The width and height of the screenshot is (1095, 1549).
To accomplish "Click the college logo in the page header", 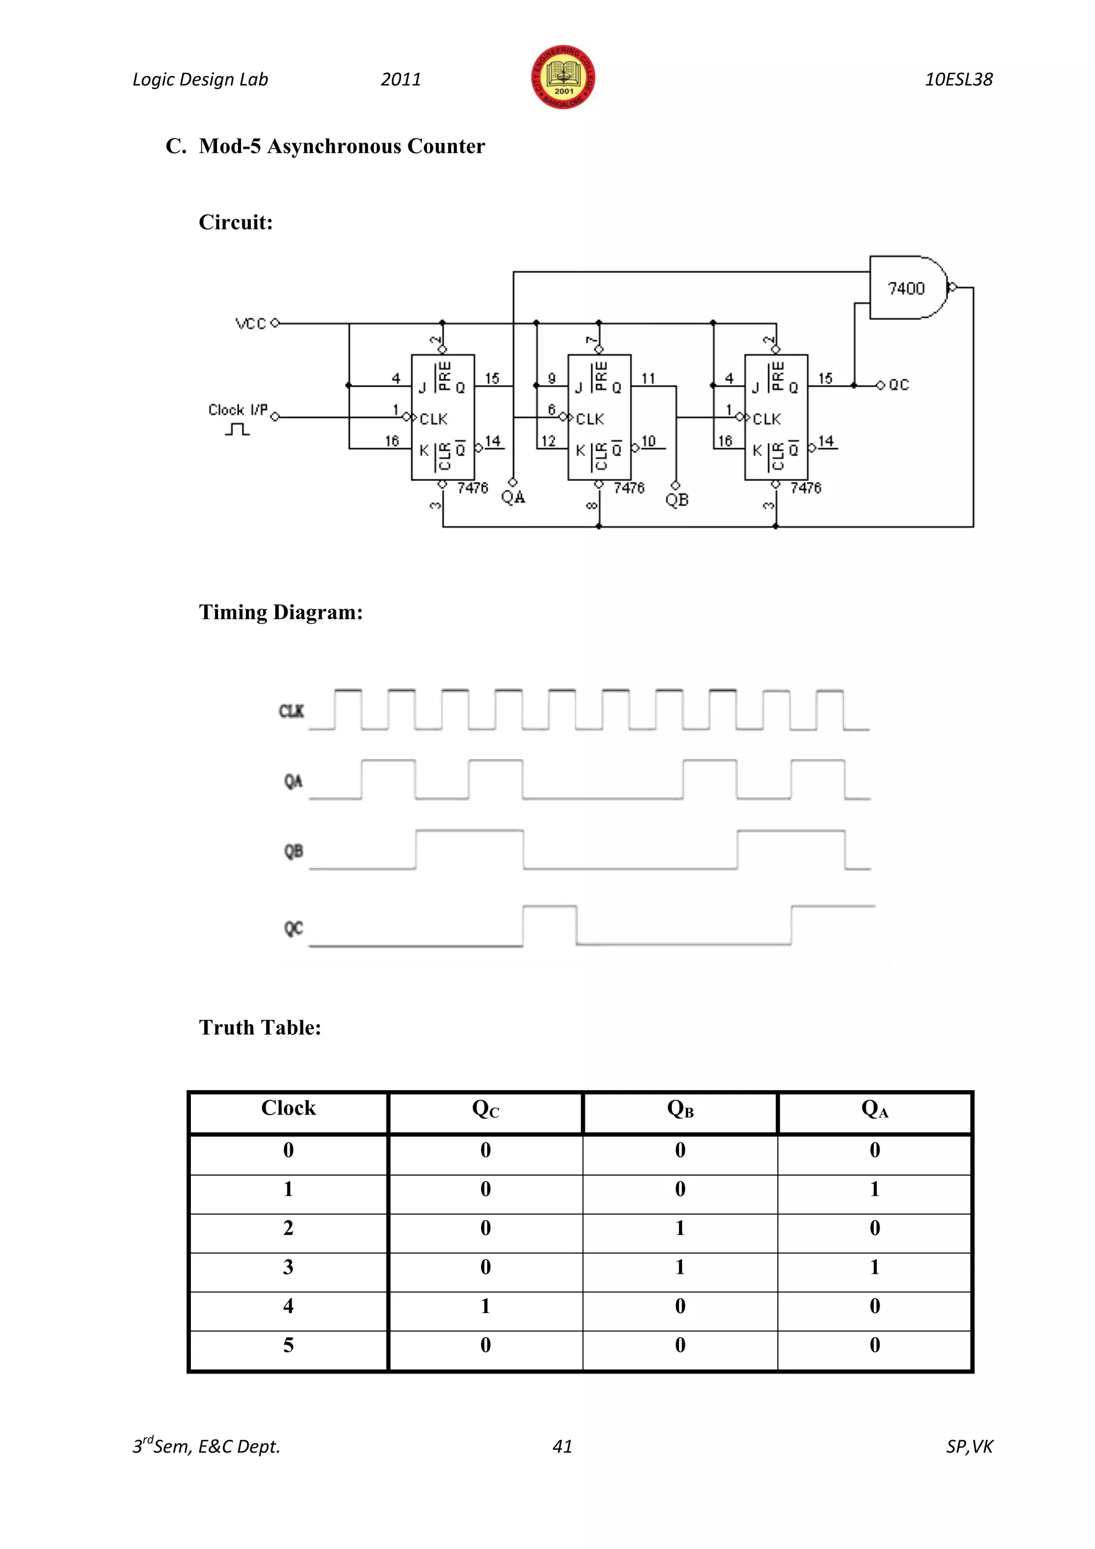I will click(563, 78).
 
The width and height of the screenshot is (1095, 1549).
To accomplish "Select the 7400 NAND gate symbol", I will click(907, 288).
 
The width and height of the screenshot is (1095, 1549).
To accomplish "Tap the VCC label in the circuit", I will click(251, 324).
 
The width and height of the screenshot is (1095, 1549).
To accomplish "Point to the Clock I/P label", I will click(237, 410).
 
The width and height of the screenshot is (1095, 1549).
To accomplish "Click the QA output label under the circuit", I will click(513, 498).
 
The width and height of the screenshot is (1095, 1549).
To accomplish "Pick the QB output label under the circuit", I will click(677, 500).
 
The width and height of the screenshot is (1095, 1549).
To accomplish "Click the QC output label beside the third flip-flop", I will click(899, 385).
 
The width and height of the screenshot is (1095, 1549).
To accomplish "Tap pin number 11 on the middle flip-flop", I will click(648, 379).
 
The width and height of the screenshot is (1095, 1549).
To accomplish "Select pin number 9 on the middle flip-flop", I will click(552, 379).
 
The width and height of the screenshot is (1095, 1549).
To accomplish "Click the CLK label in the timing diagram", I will click(291, 711).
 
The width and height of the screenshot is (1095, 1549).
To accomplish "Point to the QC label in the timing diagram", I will click(294, 929).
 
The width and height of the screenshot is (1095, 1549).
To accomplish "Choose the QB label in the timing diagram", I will click(294, 852).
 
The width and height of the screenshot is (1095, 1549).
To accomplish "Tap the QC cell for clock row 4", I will click(485, 1306).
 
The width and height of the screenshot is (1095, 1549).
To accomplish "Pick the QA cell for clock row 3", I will click(875, 1267).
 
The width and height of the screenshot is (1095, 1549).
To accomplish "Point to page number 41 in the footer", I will click(562, 1446).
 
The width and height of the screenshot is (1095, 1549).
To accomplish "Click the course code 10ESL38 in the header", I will click(958, 80).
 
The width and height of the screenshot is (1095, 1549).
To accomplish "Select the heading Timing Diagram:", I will click(281, 612).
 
